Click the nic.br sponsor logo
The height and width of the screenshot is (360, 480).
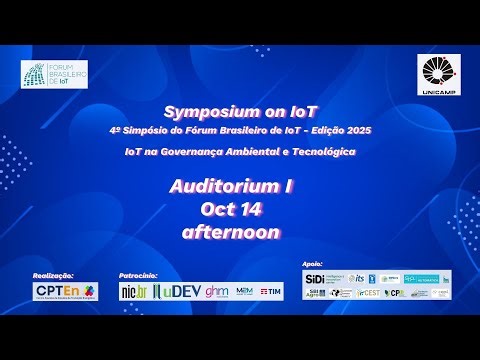pyautogui.click(x=133, y=291)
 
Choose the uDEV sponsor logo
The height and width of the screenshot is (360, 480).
pyautogui.click(x=177, y=291)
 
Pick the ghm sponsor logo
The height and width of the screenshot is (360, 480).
pyautogui.click(x=217, y=291)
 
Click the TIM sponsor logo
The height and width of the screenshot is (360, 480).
pyautogui.click(x=270, y=291)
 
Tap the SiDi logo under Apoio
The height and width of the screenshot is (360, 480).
pyautogui.click(x=314, y=277)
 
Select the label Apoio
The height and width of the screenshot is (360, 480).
pyautogui.click(x=311, y=264)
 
